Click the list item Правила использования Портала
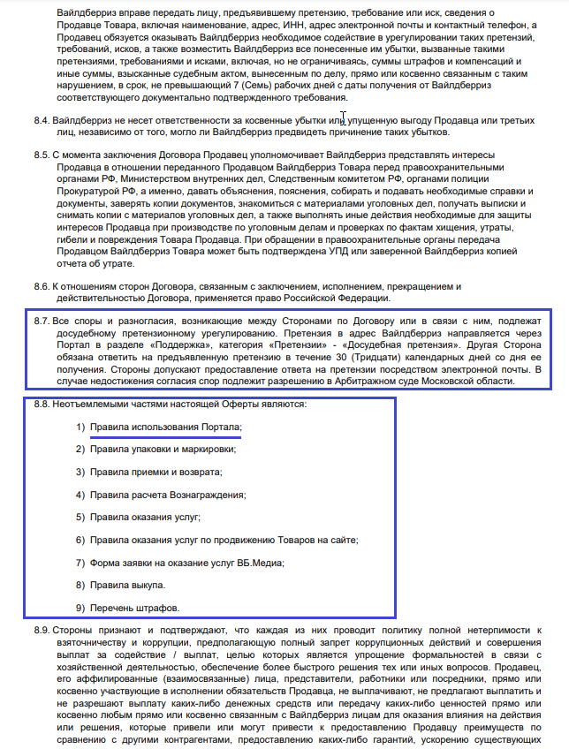pyautogui.click(x=165, y=427)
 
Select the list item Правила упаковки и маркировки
pyautogui.click(x=163, y=450)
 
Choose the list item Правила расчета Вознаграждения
pyautogui.click(x=168, y=495)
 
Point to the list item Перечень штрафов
pyautogui.click(x=134, y=608)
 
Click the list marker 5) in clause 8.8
pyautogui.click(x=80, y=518)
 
